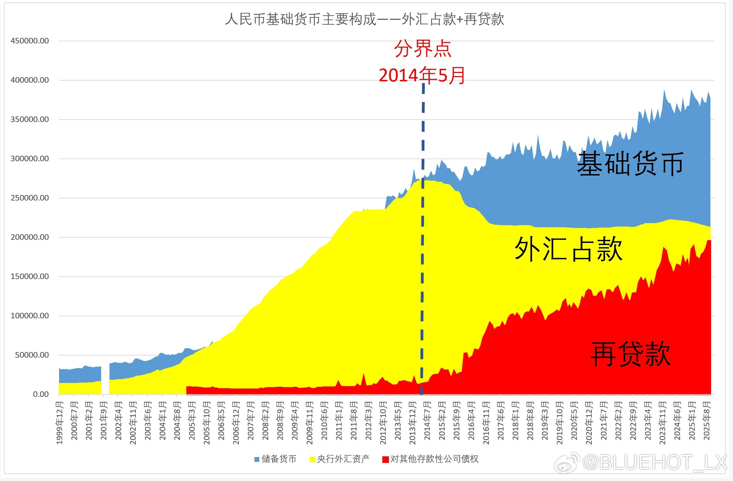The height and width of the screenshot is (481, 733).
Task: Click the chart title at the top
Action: pyautogui.click(x=365, y=19)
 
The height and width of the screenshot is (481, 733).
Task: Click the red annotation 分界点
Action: pyautogui.click(x=423, y=49)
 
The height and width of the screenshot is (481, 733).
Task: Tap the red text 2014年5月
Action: pyautogui.click(x=422, y=75)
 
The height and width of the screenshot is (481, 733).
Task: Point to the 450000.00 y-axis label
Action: pyautogui.click(x=30, y=41)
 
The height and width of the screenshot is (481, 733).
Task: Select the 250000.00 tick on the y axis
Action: pyautogui.click(x=30, y=198)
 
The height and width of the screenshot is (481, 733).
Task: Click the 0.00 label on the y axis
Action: pyautogui.click(x=41, y=394)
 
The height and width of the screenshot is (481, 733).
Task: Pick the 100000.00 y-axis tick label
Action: pyautogui.click(x=30, y=316)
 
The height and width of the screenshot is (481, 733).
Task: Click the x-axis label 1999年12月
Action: pyautogui.click(x=60, y=423)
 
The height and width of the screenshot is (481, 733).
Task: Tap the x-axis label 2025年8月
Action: pyautogui.click(x=707, y=421)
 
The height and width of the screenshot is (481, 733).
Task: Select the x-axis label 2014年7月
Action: pyautogui.click(x=427, y=421)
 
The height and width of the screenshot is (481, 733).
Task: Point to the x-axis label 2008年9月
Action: pyautogui.click(x=280, y=421)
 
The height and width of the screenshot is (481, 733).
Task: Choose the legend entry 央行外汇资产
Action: pyautogui.click(x=340, y=459)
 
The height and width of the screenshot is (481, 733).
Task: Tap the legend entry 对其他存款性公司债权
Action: pyautogui.click(x=430, y=459)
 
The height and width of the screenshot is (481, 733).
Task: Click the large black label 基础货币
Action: pyautogui.click(x=630, y=163)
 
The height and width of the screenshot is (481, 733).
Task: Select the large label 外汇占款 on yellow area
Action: pyautogui.click(x=569, y=249)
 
